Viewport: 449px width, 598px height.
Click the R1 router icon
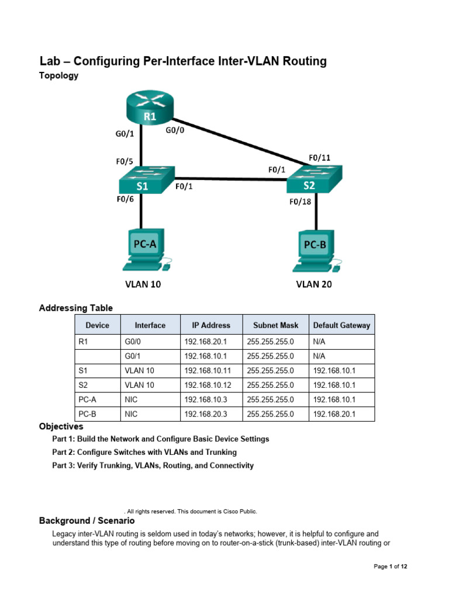(x=150, y=108)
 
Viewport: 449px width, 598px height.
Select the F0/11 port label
(x=319, y=158)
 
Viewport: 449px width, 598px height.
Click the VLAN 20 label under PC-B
(x=314, y=285)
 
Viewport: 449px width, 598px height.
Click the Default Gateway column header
(x=341, y=325)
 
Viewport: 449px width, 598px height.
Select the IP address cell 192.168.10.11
(x=207, y=370)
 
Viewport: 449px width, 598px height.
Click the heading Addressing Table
(x=76, y=308)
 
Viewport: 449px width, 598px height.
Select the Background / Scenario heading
(x=87, y=520)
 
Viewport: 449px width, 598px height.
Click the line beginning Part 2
(x=144, y=452)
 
